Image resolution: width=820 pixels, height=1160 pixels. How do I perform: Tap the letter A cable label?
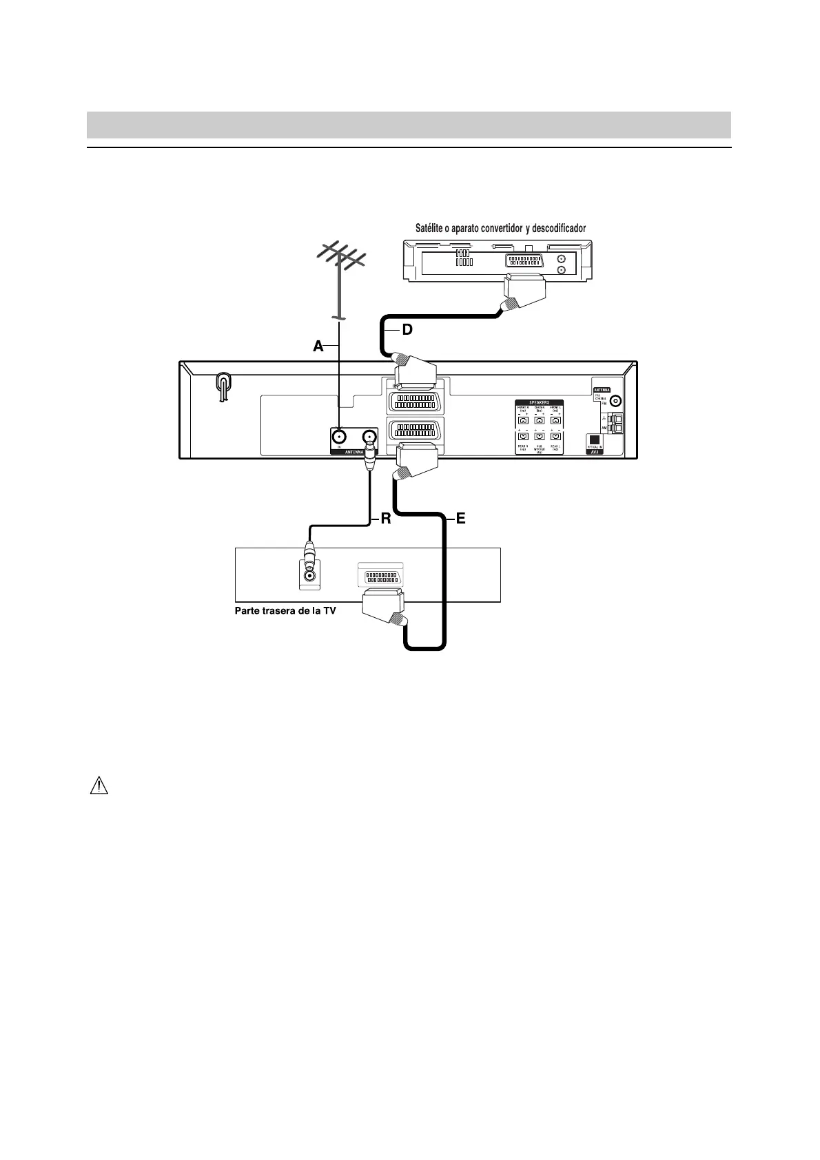point(318,346)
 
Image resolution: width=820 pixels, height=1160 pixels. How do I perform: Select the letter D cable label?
point(407,330)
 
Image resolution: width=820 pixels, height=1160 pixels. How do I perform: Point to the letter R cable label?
point(386,519)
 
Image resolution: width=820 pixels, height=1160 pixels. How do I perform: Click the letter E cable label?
point(460,519)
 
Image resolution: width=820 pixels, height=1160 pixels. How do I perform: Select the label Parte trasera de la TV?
point(285,610)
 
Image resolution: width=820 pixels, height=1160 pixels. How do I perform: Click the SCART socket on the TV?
point(381,577)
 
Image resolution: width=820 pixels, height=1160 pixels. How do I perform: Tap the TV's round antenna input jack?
point(310,575)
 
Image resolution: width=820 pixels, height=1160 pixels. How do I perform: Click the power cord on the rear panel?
point(223,386)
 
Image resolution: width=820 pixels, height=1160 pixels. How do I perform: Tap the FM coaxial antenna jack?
point(615,402)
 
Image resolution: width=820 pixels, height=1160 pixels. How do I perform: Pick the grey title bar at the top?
point(409,125)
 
